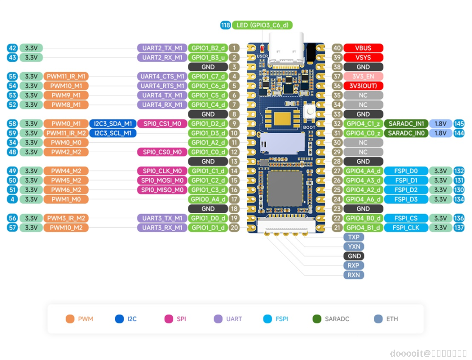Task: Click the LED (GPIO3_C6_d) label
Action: tap(262, 25)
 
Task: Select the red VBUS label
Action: tap(363, 48)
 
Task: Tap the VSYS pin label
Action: tap(363, 57)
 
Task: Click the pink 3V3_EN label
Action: tap(363, 76)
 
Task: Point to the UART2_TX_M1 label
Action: tap(162, 48)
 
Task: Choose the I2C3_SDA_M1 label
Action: tap(112, 123)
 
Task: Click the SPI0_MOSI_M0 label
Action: tap(162, 180)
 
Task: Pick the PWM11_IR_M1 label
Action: tap(66, 76)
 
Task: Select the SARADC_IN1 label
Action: tap(406, 123)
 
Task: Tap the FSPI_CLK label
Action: tap(406, 227)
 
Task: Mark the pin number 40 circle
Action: tap(337, 48)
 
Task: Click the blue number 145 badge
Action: tap(459, 123)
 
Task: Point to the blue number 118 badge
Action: tap(226, 25)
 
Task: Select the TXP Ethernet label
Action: tap(354, 237)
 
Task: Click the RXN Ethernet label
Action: tap(354, 274)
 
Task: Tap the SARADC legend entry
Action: tap(331, 319)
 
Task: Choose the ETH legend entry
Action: tap(386, 319)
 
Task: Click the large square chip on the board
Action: tap(285, 188)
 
